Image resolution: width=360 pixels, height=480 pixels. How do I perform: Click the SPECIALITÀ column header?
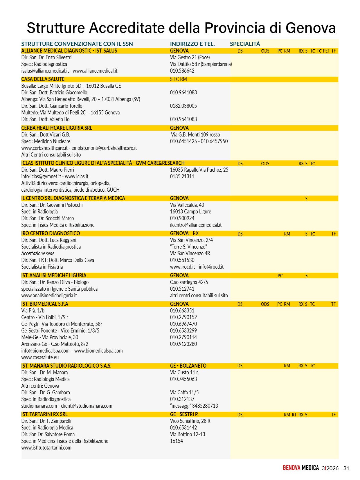(x=245, y=44)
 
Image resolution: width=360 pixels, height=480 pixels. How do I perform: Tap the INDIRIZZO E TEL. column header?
(x=192, y=44)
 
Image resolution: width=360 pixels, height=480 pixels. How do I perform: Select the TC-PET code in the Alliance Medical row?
(x=323, y=51)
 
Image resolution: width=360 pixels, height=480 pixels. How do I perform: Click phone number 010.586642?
(x=182, y=71)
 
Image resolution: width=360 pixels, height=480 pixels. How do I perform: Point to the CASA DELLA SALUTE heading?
(x=43, y=79)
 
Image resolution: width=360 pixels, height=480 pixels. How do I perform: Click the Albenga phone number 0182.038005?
(x=183, y=106)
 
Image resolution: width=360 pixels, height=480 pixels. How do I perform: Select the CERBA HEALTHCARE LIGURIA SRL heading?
(x=57, y=128)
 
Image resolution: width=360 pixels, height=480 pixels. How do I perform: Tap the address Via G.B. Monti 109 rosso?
(x=195, y=134)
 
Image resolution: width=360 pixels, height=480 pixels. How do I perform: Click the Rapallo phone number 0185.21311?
(x=182, y=176)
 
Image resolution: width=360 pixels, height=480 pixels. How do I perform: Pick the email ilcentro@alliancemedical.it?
(x=196, y=225)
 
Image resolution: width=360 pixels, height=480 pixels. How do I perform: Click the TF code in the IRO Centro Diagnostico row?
(x=333, y=234)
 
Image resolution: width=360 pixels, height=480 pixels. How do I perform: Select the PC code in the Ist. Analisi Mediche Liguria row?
(x=280, y=276)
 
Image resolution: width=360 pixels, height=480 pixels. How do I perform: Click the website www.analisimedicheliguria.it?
(x=49, y=295)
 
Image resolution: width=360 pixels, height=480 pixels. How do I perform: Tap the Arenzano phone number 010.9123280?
(x=183, y=344)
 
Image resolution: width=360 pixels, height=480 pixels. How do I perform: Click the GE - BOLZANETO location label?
(x=188, y=366)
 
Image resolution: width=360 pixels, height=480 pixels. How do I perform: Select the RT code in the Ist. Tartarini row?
(x=294, y=415)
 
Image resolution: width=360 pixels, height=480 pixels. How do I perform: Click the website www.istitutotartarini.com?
(x=46, y=447)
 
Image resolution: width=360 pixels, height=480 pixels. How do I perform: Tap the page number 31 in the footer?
(x=346, y=468)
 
